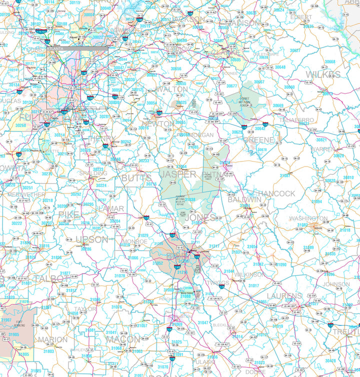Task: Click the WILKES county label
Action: (x=322, y=74)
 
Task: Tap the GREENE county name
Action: (x=258, y=140)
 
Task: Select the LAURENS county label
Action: (x=284, y=296)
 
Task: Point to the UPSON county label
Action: (x=91, y=239)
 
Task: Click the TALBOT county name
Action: (x=49, y=278)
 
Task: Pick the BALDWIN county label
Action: (x=244, y=199)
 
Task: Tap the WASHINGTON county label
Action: (x=308, y=218)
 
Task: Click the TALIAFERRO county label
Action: (x=296, y=120)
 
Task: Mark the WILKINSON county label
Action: (x=249, y=274)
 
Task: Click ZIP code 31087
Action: (x=284, y=175)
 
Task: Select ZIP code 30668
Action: (x=329, y=62)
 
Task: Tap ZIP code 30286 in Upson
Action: (x=86, y=248)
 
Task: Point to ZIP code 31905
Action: (x=13, y=334)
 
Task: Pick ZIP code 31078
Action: (x=119, y=275)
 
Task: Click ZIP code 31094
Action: (x=316, y=201)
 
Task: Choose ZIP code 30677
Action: (x=231, y=85)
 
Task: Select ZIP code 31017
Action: (x=253, y=285)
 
